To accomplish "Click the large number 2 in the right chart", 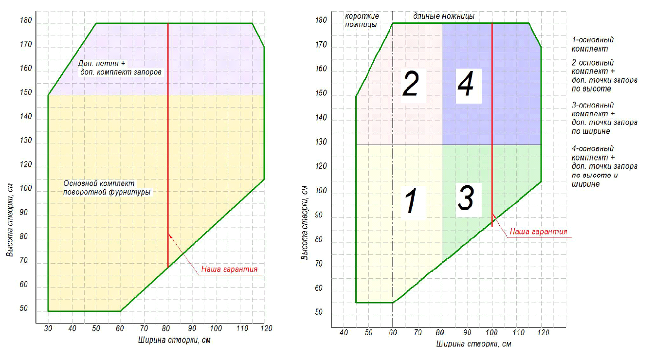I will point(410,84).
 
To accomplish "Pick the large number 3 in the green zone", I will point(466,198).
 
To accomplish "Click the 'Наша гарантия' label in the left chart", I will point(229,269).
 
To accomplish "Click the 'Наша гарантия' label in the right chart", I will point(538,232).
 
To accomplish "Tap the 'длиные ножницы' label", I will point(443,17).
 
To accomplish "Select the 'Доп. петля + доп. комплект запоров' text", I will point(120,68).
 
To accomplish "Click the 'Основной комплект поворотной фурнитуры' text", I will point(107,188).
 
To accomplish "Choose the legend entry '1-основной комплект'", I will point(592,44).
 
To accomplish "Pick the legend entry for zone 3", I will point(603,118).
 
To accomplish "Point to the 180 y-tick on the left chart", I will point(25,21).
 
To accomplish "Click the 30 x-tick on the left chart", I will point(48,328).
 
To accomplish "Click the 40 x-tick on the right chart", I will point(344,333).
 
